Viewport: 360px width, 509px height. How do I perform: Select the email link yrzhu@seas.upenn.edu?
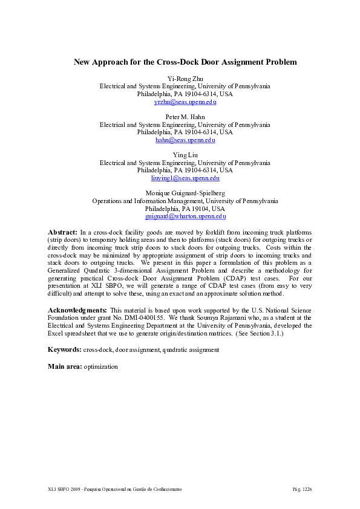185,103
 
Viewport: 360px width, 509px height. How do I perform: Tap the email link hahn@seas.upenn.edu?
185,140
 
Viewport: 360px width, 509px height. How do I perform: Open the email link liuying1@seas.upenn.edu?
185,178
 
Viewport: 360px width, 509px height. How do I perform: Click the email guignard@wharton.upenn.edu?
185,216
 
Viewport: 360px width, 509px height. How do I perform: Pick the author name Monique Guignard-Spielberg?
185,192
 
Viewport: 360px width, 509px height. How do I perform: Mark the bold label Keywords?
64,350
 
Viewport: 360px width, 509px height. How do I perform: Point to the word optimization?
101,366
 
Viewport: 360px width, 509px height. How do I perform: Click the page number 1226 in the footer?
307,488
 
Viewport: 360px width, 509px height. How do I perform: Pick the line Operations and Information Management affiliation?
185,200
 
